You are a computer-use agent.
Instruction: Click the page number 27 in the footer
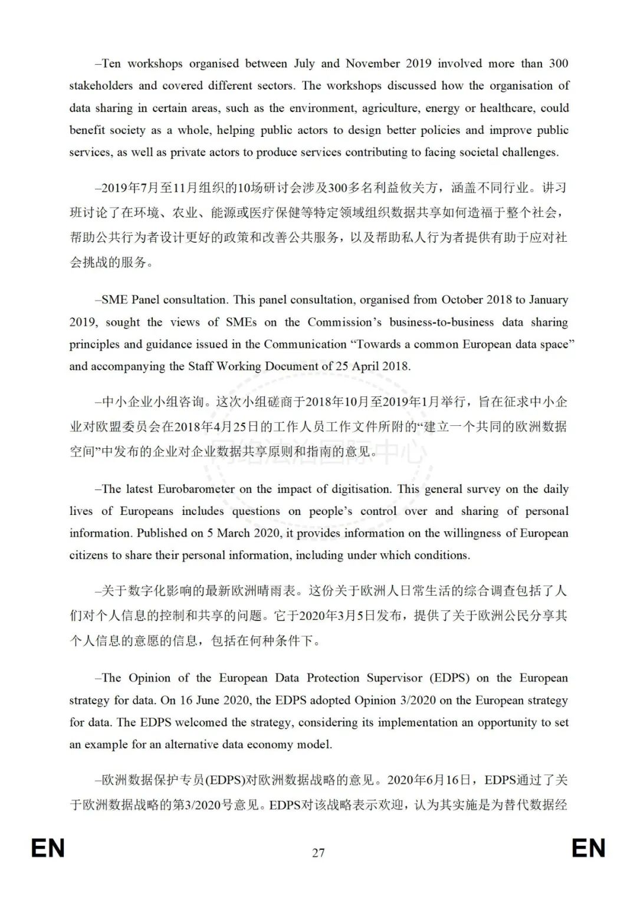coord(318,852)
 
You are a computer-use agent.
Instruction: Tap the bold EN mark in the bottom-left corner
coord(48,848)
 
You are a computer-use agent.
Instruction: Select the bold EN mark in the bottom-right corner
coord(588,848)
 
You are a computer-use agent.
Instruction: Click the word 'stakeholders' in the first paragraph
coord(101,86)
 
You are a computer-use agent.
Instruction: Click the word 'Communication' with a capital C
coord(305,344)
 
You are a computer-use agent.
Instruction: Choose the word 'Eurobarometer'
coord(200,489)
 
